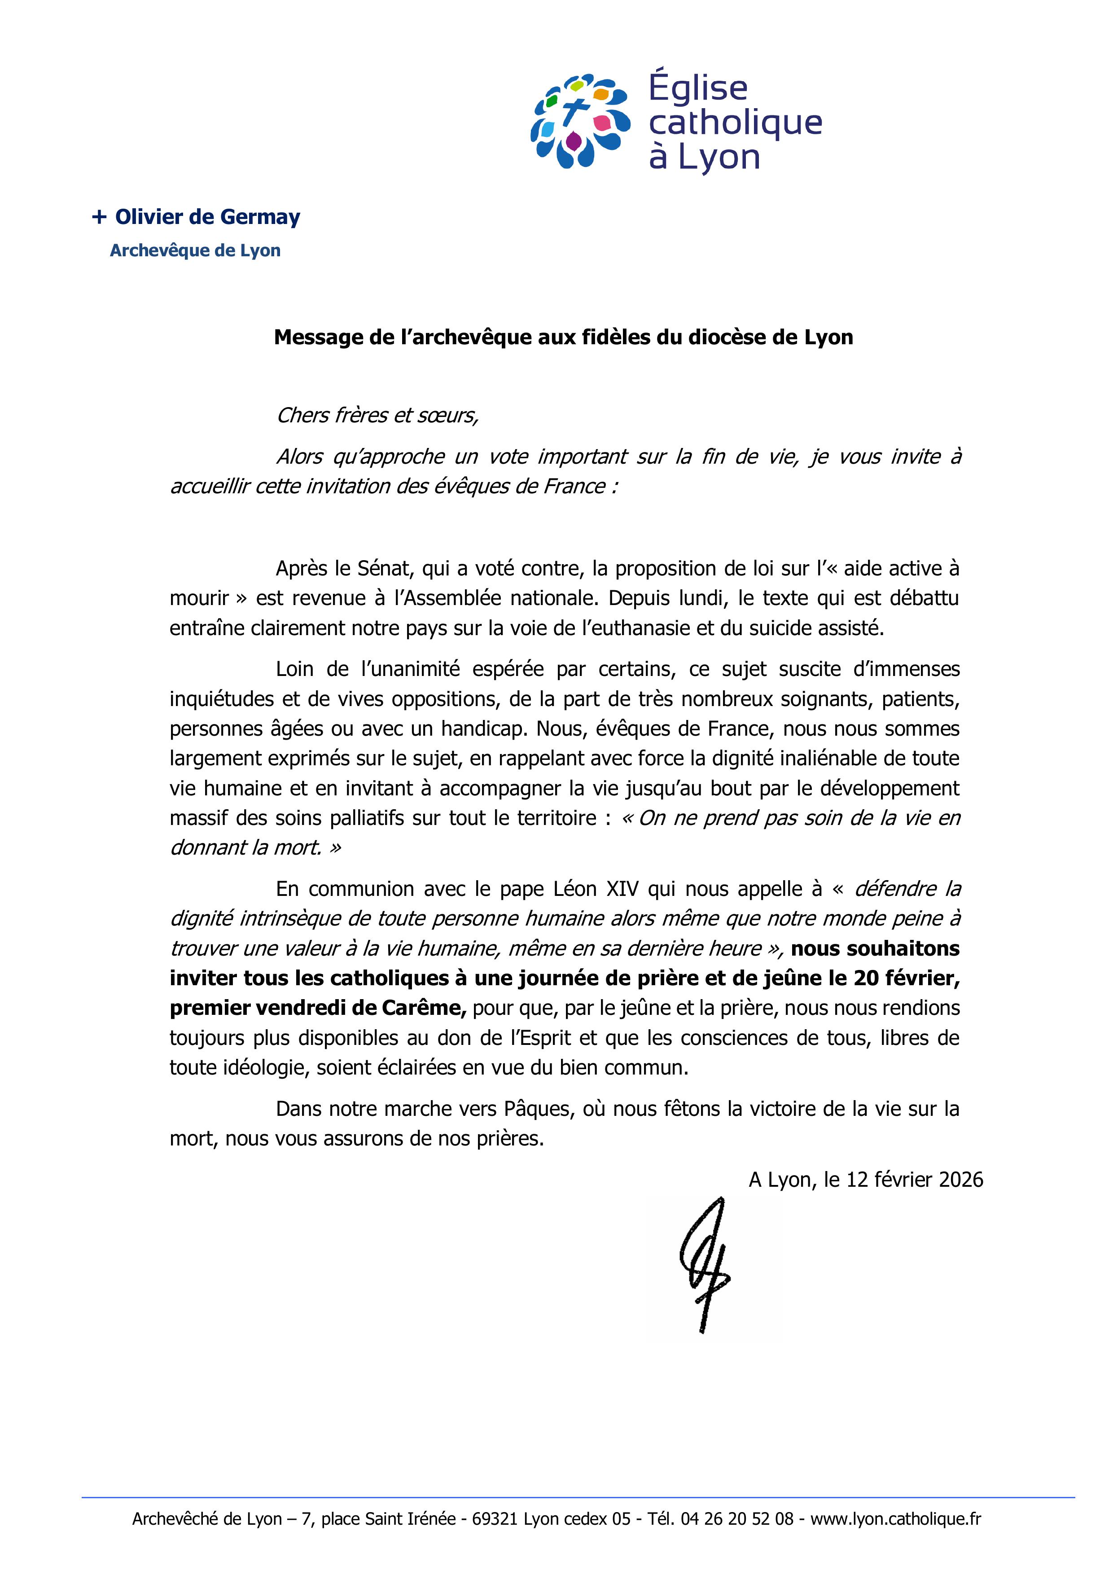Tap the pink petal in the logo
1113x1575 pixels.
pos(602,123)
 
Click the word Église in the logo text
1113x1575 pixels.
pos(698,88)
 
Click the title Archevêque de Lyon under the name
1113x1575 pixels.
pos(195,250)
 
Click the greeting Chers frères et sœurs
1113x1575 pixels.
pos(377,415)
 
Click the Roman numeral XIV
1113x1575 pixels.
pos(622,889)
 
